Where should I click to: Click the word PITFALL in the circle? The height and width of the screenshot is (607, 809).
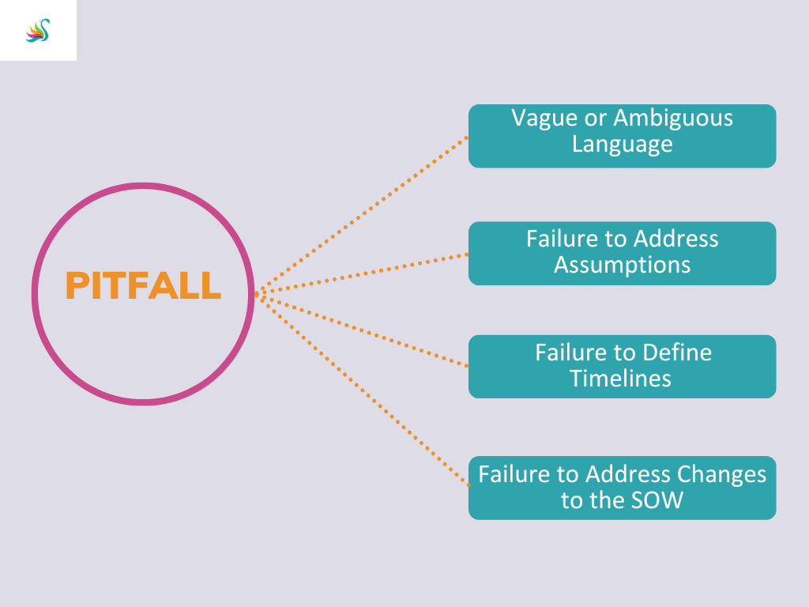pyautogui.click(x=143, y=285)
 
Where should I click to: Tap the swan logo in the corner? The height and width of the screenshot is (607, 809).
pyautogui.click(x=38, y=31)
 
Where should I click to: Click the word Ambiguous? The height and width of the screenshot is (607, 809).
pyautogui.click(x=673, y=118)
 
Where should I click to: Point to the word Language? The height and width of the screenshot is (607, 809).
pyautogui.click(x=622, y=144)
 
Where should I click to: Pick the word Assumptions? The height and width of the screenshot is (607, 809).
pyautogui.click(x=622, y=264)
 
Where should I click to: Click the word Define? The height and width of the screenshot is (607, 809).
pyautogui.click(x=677, y=352)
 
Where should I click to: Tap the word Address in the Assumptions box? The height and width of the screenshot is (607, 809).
pyautogui.click(x=677, y=238)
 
